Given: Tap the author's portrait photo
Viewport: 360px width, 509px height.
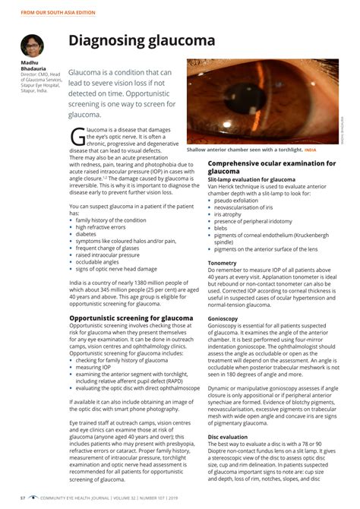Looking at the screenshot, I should pyautogui.click(x=32, y=45).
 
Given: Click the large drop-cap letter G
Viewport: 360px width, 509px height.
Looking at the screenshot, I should pyautogui.click(x=78, y=136).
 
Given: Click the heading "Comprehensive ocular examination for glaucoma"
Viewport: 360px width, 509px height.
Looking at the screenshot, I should pyautogui.click(x=271, y=167).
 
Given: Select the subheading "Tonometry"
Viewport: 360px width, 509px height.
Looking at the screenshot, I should pyautogui.click(x=222, y=263).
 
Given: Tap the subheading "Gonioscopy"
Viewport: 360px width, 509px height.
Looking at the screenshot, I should pyautogui.click(x=223, y=318).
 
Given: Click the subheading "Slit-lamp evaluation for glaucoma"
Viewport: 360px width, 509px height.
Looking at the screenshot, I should pyautogui.click(x=251, y=179).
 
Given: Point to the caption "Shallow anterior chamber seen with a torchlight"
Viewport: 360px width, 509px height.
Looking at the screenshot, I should pyautogui.click(x=245, y=150).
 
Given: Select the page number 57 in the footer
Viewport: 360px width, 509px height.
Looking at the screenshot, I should pyautogui.click(x=23, y=498).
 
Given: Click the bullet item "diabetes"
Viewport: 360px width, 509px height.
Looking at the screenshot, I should pyautogui.click(x=87, y=234).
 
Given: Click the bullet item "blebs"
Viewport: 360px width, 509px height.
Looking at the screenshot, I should pyautogui.click(x=221, y=228).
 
